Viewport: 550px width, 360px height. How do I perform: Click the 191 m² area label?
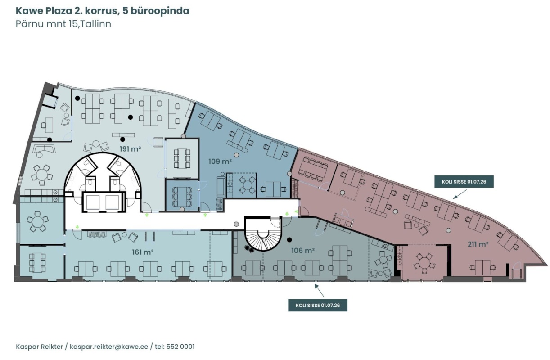coord(130,149)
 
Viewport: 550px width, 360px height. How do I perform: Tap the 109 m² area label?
coord(220,162)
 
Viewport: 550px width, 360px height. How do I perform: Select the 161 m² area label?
coord(143,252)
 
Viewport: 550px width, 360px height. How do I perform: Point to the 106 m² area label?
coord(303,251)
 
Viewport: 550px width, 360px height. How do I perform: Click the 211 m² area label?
coord(478,244)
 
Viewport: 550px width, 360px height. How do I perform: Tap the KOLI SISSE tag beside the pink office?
coord(464,182)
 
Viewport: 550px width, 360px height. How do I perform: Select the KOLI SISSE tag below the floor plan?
coord(317,305)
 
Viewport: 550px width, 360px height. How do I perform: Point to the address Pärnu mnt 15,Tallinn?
coord(63,24)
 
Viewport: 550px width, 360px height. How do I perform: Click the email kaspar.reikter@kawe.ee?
coord(109,346)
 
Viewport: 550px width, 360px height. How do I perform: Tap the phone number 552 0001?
coord(180,346)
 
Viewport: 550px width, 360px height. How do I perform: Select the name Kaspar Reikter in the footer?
coord(39,346)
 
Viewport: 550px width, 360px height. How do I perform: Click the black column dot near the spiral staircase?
coord(289,239)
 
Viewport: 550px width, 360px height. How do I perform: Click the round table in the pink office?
coord(424,264)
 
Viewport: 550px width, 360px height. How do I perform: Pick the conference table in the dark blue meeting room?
coord(182,197)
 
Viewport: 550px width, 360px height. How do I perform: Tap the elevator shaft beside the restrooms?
coord(104,202)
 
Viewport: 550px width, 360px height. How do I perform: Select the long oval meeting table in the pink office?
coord(313,169)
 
